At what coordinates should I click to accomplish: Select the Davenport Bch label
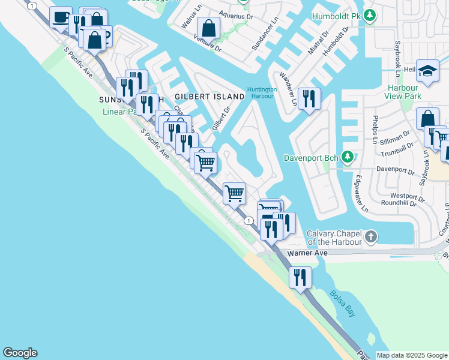[x=311, y=158]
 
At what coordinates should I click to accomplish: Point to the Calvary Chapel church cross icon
[x=371, y=236]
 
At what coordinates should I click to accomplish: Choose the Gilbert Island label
[x=201, y=97]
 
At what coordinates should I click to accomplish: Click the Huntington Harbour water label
[x=262, y=93]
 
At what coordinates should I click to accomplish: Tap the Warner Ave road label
[x=308, y=253]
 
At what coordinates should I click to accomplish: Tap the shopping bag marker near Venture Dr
[x=208, y=28]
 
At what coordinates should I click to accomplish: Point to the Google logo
[x=20, y=353]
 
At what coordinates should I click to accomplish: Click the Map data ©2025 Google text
[x=412, y=355]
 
